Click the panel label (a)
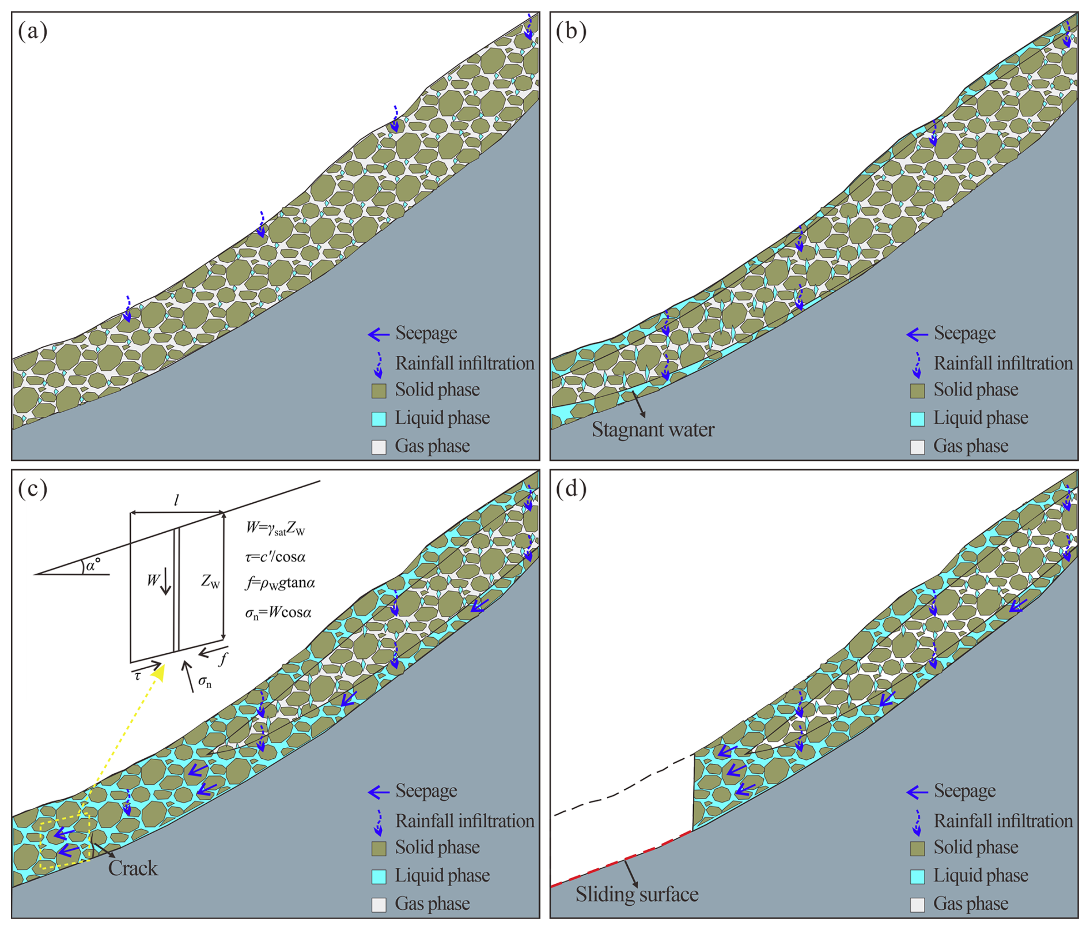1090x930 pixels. tap(32, 31)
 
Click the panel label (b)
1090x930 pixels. tap(571, 31)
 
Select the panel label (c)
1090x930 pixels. tap(32, 489)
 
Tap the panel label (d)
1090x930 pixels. tap(571, 489)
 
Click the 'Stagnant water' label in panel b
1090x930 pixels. tap(653, 430)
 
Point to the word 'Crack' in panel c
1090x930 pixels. tap(133, 868)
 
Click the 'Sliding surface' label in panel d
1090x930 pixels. tap(637, 894)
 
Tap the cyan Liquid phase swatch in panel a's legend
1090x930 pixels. tap(379, 419)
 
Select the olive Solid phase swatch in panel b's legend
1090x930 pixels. tap(917, 391)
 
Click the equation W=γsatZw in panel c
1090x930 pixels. tap(275, 528)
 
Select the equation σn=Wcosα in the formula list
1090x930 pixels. tap(278, 612)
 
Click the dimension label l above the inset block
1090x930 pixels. tap(176, 500)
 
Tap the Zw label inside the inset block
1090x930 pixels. tap(210, 581)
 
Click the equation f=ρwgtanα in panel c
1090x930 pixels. tap(281, 583)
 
